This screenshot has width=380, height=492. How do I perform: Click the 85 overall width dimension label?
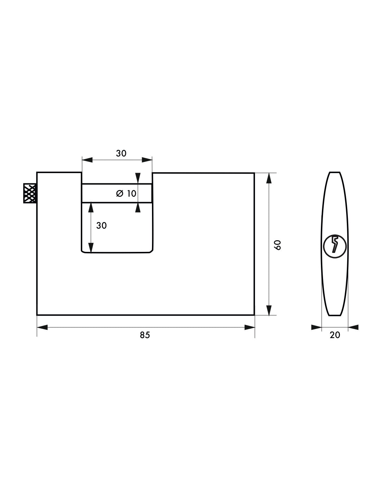145,335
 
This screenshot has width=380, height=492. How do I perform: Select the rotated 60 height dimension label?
278,244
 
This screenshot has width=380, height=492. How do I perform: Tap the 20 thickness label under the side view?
335,335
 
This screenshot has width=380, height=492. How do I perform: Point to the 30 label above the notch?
121,153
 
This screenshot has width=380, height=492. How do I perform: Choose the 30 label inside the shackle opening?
101,226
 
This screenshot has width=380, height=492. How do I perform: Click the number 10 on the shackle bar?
131,193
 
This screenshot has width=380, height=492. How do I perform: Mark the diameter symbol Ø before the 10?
120,193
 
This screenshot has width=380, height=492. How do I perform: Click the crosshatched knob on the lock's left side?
30,193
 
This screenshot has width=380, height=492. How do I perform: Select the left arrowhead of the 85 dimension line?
42,327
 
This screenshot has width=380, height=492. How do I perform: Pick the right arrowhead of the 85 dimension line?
249,327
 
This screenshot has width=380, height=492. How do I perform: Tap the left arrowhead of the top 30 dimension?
87,160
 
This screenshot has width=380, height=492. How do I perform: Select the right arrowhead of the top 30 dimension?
147,160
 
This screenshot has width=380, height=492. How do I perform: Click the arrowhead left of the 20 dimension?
316,327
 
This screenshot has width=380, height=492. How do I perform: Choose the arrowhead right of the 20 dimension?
353,327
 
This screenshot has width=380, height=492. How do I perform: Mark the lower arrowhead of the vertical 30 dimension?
91,248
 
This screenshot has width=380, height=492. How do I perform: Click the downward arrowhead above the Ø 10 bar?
138,178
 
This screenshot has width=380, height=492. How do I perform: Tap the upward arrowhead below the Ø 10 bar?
138,208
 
